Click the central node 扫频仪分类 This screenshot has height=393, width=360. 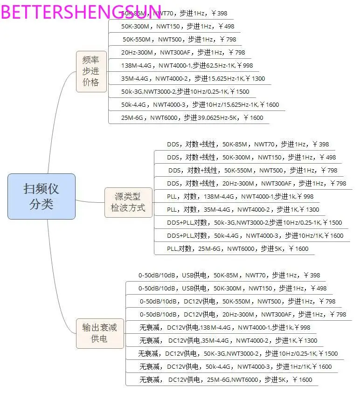pos(41,196)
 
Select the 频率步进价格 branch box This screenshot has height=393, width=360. pos(91,71)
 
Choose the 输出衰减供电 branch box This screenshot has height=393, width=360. pos(99,333)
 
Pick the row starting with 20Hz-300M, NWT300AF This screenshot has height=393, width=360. pos(183,53)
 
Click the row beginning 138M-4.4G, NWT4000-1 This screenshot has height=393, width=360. pos(187,66)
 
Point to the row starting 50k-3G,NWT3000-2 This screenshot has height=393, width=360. pos(185,92)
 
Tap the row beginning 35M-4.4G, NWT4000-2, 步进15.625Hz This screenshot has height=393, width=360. pos(193,79)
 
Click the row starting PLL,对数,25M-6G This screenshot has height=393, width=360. pos(237,249)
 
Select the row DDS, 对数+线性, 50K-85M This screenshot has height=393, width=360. pos(248,145)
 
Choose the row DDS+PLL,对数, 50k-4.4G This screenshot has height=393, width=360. pos(255,236)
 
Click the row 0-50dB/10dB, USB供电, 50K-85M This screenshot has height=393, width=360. pos(229,276)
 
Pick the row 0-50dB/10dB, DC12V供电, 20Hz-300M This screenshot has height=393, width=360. pos(242,315)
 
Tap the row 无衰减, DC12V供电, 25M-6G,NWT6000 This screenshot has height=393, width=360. pos(226,380)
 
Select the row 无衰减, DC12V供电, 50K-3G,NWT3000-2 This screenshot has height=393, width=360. pos(238,354)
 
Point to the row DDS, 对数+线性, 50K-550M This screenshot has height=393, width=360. pos(252,171)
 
